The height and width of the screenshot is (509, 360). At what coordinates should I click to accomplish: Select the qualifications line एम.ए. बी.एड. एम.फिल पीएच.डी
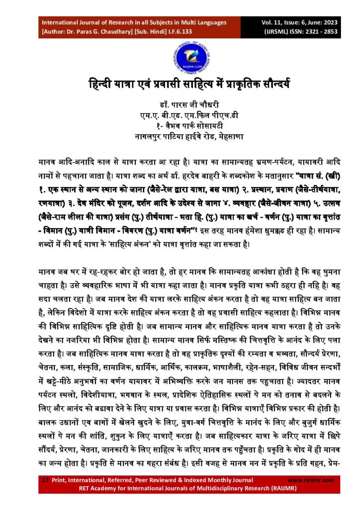coord(180,115)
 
